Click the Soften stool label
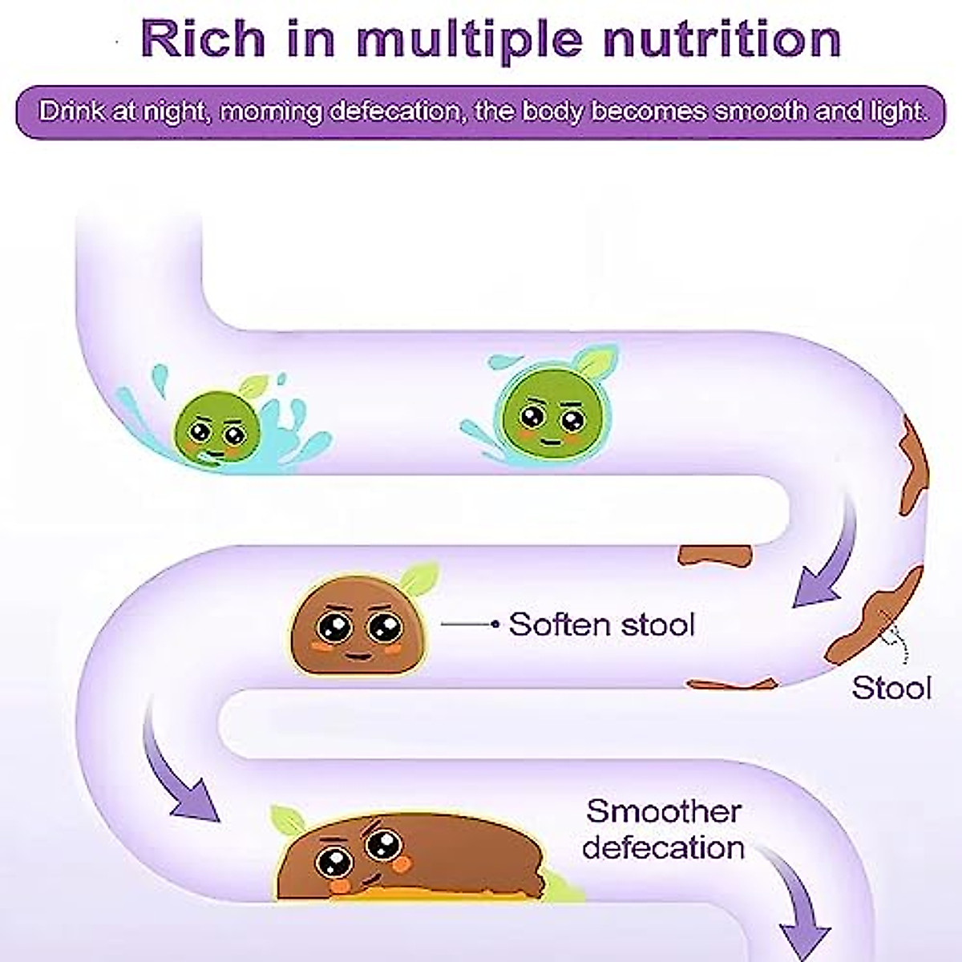(x=601, y=624)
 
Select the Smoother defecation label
(x=663, y=829)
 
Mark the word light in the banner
(x=897, y=111)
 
